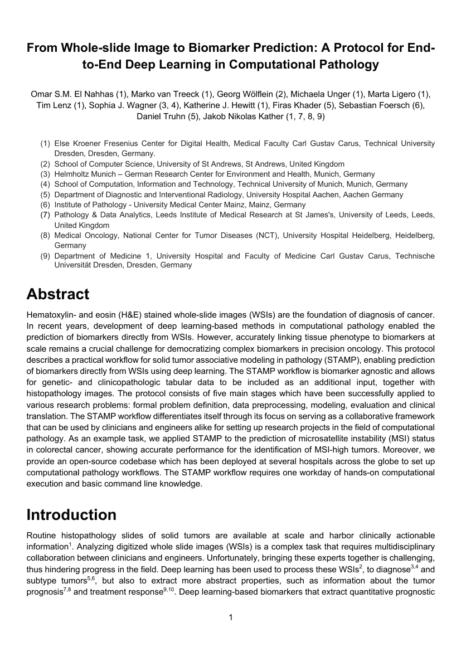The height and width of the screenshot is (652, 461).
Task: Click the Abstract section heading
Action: point(58,294)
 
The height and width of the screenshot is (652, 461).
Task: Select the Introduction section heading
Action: point(71,514)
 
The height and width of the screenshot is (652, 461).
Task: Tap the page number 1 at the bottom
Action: point(231,617)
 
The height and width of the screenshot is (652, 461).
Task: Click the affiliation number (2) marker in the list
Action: point(45,164)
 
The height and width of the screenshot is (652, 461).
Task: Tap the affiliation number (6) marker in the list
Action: point(45,205)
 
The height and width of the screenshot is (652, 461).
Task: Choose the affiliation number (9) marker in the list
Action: point(45,256)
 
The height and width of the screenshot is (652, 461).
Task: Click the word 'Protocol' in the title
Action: point(339,48)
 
